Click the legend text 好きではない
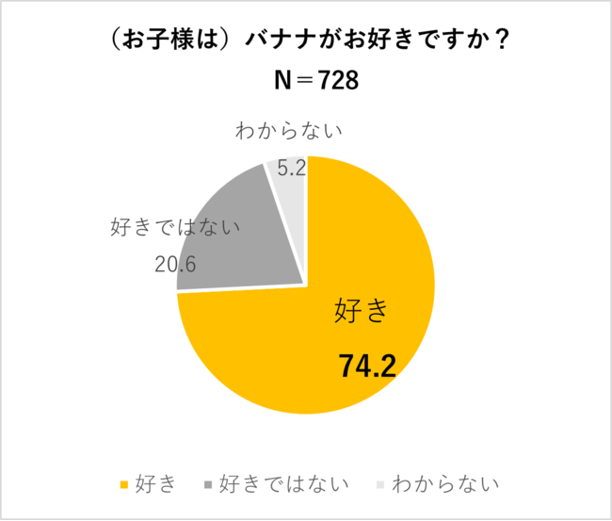[284, 485]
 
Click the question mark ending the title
[499, 42]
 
